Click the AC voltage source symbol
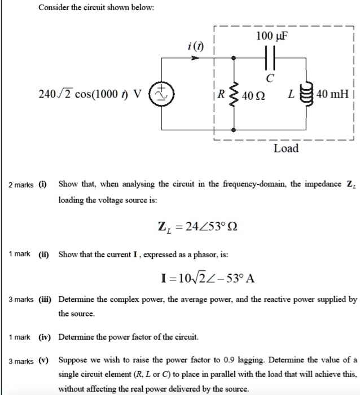pyautogui.click(x=163, y=94)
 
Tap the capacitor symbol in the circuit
pyautogui.click(x=269, y=58)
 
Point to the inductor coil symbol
pyautogui.click(x=308, y=94)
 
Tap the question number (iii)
pyautogui.click(x=45, y=299)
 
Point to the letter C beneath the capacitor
pyautogui.click(x=271, y=77)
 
